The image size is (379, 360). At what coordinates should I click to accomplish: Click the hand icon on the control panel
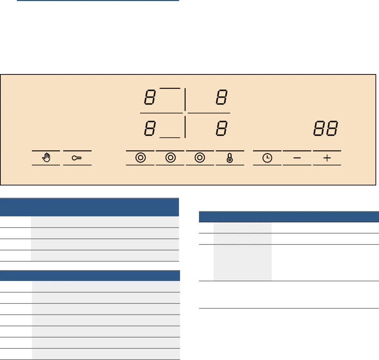(46, 158)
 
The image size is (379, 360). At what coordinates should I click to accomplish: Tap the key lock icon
(77, 158)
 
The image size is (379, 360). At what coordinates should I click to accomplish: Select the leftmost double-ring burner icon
(140, 158)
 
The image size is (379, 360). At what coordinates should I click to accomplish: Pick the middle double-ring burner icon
(171, 158)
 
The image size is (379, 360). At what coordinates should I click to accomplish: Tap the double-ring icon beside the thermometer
(200, 158)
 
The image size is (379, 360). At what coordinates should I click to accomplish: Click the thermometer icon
(230, 158)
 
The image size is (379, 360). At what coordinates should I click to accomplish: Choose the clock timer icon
(267, 158)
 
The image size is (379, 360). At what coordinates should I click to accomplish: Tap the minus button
(297, 158)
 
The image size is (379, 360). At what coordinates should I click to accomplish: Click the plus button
(327, 158)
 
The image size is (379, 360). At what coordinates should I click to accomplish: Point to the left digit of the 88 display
(319, 128)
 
